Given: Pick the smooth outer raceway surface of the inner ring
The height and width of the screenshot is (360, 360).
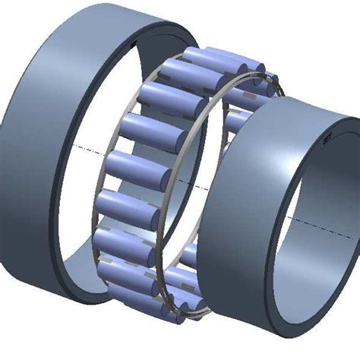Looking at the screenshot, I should pos(235,205).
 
